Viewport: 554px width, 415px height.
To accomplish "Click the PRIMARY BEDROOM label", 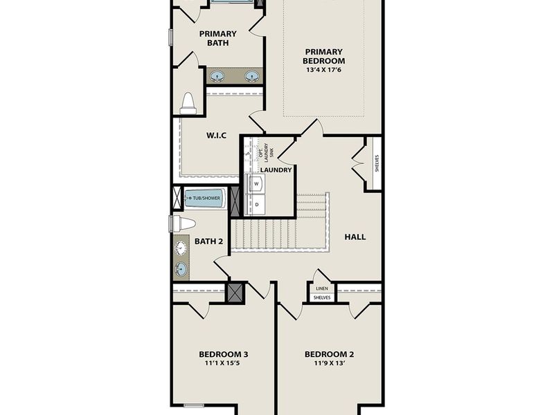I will pos(323,56).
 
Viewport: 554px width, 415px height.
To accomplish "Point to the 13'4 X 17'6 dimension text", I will pos(323,70).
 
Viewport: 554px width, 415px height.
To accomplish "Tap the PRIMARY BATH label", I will pos(217,38).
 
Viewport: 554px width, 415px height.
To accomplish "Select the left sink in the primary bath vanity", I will pos(217,77).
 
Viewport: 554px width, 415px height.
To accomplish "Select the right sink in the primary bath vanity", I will pos(252,77).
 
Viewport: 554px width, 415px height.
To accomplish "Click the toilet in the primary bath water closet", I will pos(188,104).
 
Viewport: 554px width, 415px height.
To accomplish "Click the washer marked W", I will pos(257,184).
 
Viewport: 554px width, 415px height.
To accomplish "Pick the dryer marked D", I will pos(257,205).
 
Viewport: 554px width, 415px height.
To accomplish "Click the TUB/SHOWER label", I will pos(206,199).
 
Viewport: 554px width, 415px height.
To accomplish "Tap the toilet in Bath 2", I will pos(184,223).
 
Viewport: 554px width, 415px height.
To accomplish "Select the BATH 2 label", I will pos(208,241).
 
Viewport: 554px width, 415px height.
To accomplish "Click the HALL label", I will pos(355,237).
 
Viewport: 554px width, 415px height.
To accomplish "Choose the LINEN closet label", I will pos(321,288).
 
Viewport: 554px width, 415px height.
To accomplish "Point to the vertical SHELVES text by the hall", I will pos(377,163).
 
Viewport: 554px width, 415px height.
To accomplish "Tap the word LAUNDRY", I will pos(276,169).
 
